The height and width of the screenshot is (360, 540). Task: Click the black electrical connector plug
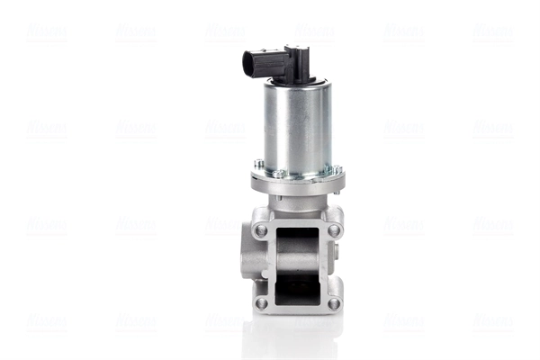(270, 64)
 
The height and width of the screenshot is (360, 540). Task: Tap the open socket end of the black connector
(248, 64)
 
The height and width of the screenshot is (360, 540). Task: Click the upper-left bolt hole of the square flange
(260, 230)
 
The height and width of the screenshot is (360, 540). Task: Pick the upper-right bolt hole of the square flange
(334, 230)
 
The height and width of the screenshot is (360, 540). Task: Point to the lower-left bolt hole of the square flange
(261, 302)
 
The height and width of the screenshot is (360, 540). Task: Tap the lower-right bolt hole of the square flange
(334, 302)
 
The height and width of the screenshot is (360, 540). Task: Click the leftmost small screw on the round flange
(259, 164)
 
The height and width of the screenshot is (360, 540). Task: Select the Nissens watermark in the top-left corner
(45, 33)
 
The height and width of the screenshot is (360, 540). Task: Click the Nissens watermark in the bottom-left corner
(45, 321)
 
